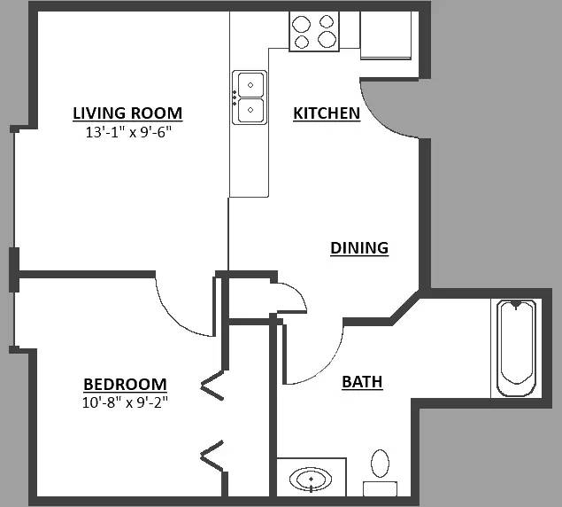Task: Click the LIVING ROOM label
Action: tap(127, 113)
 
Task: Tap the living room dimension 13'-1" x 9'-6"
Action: tap(127, 132)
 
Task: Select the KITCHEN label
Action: tap(327, 113)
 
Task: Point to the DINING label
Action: tap(359, 248)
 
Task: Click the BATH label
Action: tap(362, 382)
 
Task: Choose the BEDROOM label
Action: tap(125, 384)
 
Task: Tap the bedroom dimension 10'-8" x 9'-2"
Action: tap(125, 402)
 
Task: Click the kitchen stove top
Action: tap(314, 32)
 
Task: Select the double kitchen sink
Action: tap(250, 97)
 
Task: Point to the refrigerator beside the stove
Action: tap(386, 35)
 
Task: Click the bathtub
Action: tap(516, 348)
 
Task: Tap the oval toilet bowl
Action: tap(380, 464)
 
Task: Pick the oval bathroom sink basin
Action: tap(311, 479)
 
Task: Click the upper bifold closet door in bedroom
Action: tap(212, 386)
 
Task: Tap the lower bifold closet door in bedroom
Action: tap(212, 456)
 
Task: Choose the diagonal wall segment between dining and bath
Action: tap(405, 308)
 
